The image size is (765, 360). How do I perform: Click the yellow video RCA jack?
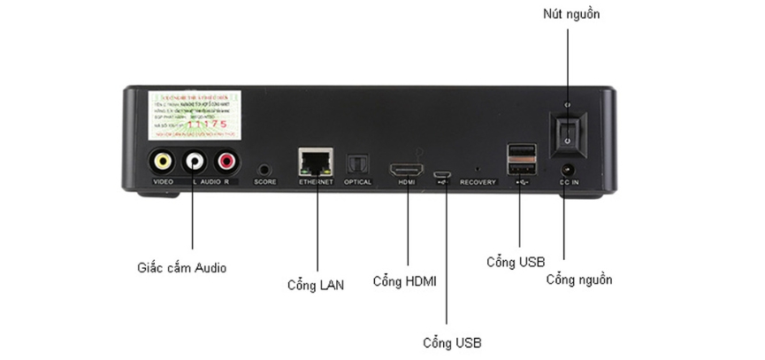point(162,162)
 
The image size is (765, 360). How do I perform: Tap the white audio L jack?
point(193,162)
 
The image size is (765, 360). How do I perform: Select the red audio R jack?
point(226,162)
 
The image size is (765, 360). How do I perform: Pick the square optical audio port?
point(357,164)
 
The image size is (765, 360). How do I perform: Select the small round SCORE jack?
point(264,168)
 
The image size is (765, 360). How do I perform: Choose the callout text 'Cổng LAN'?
point(316,285)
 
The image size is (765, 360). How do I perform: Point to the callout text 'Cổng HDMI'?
point(405,281)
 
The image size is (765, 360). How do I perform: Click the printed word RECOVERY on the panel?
point(478,182)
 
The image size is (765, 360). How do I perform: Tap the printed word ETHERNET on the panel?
point(316,182)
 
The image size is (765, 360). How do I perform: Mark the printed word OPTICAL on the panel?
point(358,182)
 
